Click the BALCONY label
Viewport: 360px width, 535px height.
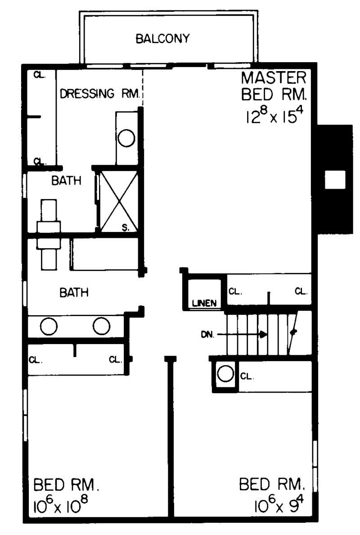tap(162, 38)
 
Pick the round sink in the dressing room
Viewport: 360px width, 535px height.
tap(126, 138)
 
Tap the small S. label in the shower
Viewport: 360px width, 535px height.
tap(126, 227)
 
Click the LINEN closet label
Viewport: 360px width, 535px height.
tap(205, 303)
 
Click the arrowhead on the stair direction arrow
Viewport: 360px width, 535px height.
tap(263, 335)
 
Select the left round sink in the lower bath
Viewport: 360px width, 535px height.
tap(48, 326)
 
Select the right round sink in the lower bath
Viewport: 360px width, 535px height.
tap(101, 326)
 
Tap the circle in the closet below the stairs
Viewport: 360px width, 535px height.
tap(225, 373)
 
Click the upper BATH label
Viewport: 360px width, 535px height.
tap(66, 181)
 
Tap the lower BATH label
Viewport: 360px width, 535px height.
tap(74, 293)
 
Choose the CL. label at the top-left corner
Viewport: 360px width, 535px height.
tap(40, 75)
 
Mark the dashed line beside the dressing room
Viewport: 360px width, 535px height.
tap(143, 88)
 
